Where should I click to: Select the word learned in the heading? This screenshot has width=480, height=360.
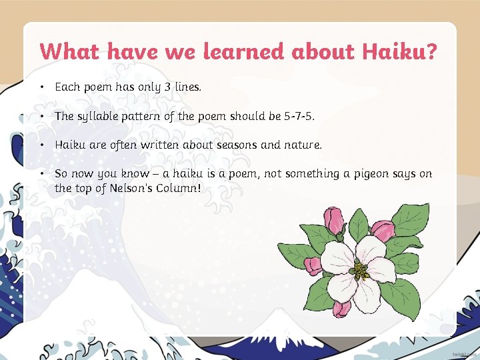[x=244, y=51]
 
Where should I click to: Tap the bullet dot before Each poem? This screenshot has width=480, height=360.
[x=41, y=87]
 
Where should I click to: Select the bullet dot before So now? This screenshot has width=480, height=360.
[x=41, y=174]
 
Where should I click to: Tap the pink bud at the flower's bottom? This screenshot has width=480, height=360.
[x=341, y=309]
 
